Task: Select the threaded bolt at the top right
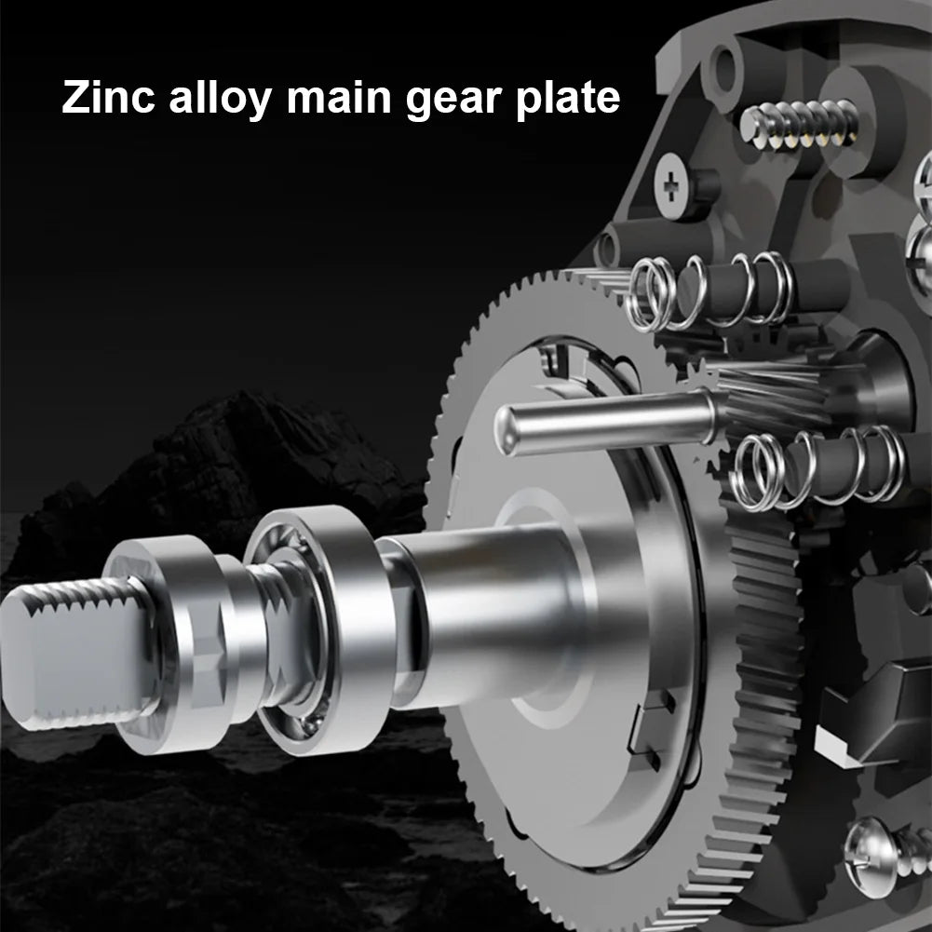[800, 126]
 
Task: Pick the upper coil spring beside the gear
[711, 292]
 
